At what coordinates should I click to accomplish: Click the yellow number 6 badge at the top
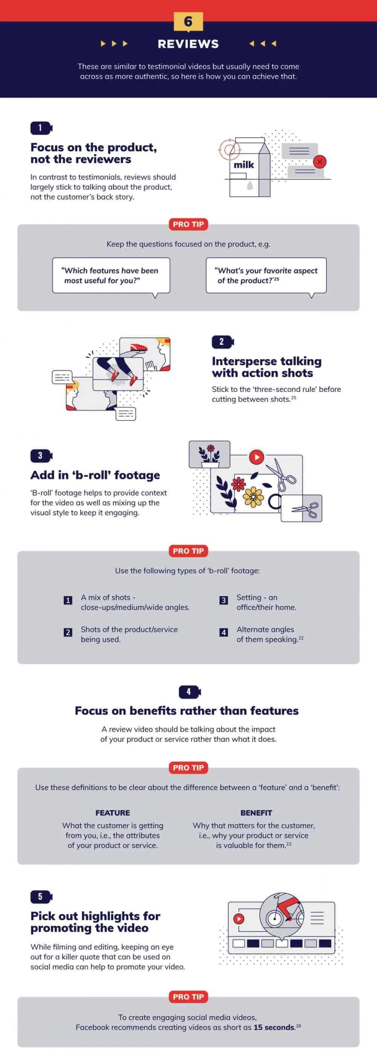coord(188,21)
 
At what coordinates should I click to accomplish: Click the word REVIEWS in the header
coord(188,44)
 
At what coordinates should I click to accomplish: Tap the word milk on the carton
coord(244,165)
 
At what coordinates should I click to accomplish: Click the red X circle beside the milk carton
coord(320,162)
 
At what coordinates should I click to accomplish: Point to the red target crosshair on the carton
coord(230,149)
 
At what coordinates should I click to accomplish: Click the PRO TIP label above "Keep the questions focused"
coord(188,224)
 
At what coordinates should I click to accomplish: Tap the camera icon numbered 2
coord(223,341)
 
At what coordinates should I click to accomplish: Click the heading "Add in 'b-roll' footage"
coord(95,475)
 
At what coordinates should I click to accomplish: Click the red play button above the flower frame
coord(256,457)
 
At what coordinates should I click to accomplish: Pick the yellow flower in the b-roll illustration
coord(253,496)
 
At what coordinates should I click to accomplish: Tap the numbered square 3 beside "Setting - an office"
coord(224,600)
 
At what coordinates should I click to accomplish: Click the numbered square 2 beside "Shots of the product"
coord(68,632)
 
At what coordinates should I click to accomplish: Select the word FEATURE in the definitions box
coord(112,813)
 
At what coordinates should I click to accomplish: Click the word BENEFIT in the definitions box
coord(256,813)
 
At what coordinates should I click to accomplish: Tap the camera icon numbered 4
coord(190,692)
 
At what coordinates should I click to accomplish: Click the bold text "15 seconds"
coord(274,1027)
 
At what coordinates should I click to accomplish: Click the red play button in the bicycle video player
coord(239,919)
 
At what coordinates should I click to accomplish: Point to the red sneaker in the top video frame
coord(138,348)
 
